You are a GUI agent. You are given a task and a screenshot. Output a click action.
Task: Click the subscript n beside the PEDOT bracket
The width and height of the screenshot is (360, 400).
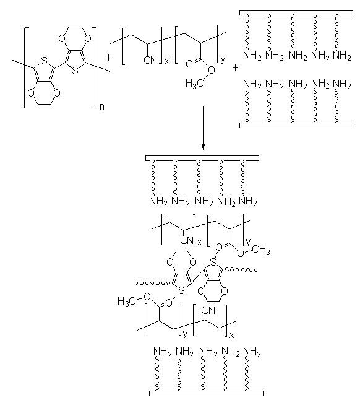coord(102,107)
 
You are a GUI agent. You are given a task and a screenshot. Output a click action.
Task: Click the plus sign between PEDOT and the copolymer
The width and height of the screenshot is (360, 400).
coord(108,58)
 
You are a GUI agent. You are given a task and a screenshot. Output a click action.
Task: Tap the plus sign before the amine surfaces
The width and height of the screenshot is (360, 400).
coord(235,68)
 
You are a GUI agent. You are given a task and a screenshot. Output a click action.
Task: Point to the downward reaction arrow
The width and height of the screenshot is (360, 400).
coord(203,128)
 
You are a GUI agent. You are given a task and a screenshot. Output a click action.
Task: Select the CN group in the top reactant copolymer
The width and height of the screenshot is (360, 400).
coord(150,61)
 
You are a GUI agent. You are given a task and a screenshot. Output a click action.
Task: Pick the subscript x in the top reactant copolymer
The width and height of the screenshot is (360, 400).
coord(166,62)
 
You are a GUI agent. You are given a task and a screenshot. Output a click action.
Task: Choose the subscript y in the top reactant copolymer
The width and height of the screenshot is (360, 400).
coord(223,59)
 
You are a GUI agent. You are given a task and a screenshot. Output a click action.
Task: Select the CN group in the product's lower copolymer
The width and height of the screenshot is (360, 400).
coord(208,310)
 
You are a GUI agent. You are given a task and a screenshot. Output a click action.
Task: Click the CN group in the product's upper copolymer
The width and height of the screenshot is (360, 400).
coord(187,240)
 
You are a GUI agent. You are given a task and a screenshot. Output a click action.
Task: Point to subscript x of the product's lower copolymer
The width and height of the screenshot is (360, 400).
coord(231,335)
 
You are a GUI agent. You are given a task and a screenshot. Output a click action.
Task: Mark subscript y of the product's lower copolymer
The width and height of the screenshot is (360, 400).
coord(185,334)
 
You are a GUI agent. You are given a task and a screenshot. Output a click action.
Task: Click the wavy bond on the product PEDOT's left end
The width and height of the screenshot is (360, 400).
coord(154,283)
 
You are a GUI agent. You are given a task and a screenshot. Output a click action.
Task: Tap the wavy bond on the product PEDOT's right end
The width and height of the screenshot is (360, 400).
coord(240,270)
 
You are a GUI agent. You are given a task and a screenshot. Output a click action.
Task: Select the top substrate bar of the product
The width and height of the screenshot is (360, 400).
coord(202,159)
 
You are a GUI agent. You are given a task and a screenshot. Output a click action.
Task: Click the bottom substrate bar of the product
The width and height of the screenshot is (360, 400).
coord(206,393)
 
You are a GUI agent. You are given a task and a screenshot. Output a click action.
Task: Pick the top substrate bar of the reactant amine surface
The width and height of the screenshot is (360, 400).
coord(296,13)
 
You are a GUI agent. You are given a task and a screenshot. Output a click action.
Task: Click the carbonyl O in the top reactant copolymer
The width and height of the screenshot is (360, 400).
coord(189,64)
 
